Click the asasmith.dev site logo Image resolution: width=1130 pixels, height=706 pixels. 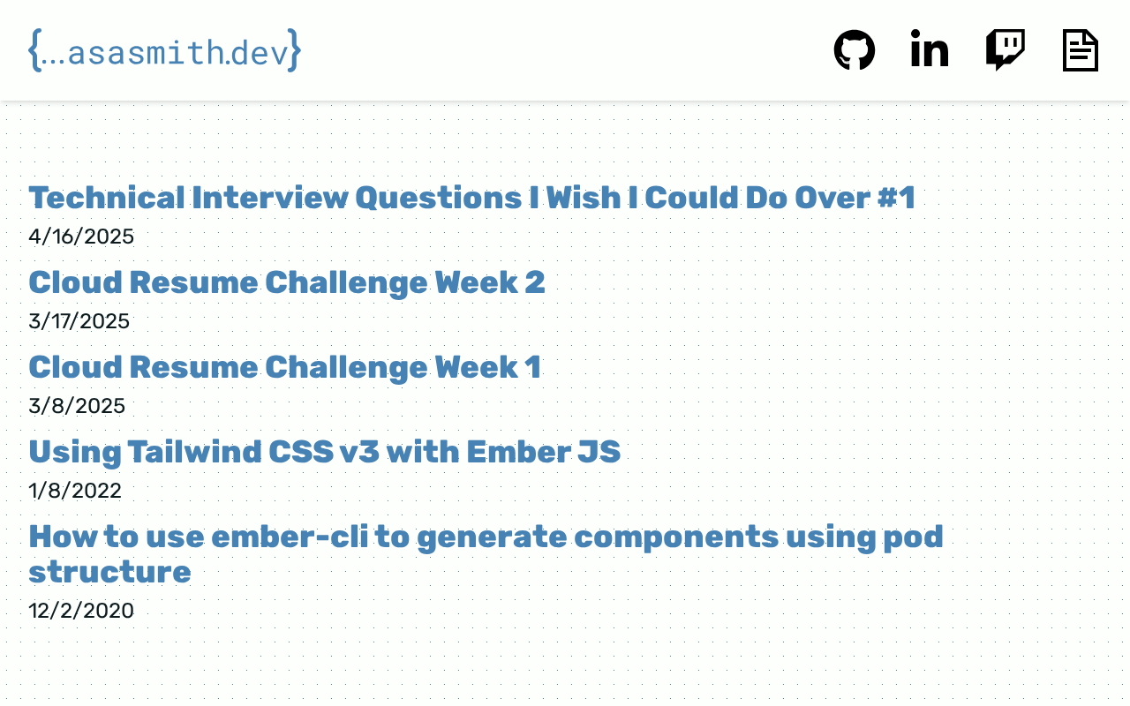click(x=165, y=50)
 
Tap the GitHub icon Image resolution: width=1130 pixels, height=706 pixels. click(x=854, y=50)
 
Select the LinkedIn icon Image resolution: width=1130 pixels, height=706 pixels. click(x=930, y=49)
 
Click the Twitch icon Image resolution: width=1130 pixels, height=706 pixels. click(x=1005, y=50)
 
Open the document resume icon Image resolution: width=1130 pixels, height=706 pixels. click(x=1080, y=50)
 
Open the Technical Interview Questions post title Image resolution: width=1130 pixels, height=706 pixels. click(x=472, y=197)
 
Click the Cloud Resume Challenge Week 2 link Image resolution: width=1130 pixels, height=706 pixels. click(x=287, y=282)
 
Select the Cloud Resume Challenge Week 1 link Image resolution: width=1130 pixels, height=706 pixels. click(x=285, y=367)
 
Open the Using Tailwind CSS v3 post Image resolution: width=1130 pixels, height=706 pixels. click(x=325, y=452)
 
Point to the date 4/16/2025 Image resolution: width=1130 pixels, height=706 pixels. click(x=81, y=237)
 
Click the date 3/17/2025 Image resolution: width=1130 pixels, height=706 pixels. click(x=79, y=321)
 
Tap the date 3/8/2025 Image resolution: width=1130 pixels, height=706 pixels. click(x=77, y=406)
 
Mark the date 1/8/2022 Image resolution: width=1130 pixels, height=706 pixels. click(x=75, y=491)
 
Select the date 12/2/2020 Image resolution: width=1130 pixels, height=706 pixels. click(x=81, y=611)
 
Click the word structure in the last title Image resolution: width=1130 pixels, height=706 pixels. click(x=110, y=573)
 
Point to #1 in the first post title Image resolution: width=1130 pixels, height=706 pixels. click(x=896, y=197)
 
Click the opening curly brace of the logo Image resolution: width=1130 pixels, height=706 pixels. click(x=34, y=50)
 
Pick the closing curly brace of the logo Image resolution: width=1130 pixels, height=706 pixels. click(x=295, y=50)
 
